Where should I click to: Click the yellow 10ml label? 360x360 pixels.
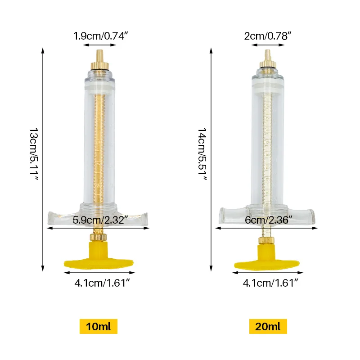coord(99,326)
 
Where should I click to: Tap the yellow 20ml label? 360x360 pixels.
coord(268,326)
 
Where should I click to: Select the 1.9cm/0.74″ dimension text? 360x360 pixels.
coord(100,36)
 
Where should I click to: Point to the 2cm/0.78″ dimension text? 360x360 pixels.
coord(268,36)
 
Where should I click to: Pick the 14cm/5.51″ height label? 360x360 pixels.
coord(202,154)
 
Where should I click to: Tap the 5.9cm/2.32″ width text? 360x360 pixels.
coord(100,220)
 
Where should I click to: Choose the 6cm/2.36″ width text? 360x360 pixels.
coord(268,220)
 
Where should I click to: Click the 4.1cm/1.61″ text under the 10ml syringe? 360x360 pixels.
coord(102,283)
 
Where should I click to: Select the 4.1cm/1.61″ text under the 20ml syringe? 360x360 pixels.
coord(270,283)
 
